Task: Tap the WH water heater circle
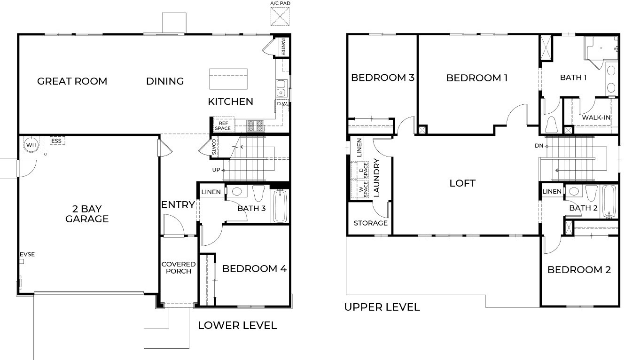tap(31, 145)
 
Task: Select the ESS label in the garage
tap(56, 141)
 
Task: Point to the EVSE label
tap(27, 255)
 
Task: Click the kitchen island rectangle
tap(228, 79)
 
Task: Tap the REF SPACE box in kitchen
tap(222, 125)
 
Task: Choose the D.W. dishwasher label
tap(282, 104)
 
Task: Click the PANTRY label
tap(283, 47)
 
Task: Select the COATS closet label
tap(214, 147)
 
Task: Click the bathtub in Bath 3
tap(280, 205)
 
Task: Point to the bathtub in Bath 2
tap(609, 201)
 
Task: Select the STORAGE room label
tap(370, 223)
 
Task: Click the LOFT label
tap(462, 183)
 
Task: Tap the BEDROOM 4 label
tap(254, 269)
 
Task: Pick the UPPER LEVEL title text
tap(382, 307)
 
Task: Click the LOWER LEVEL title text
tap(237, 325)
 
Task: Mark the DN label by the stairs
tap(539, 146)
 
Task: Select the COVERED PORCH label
tap(179, 267)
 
